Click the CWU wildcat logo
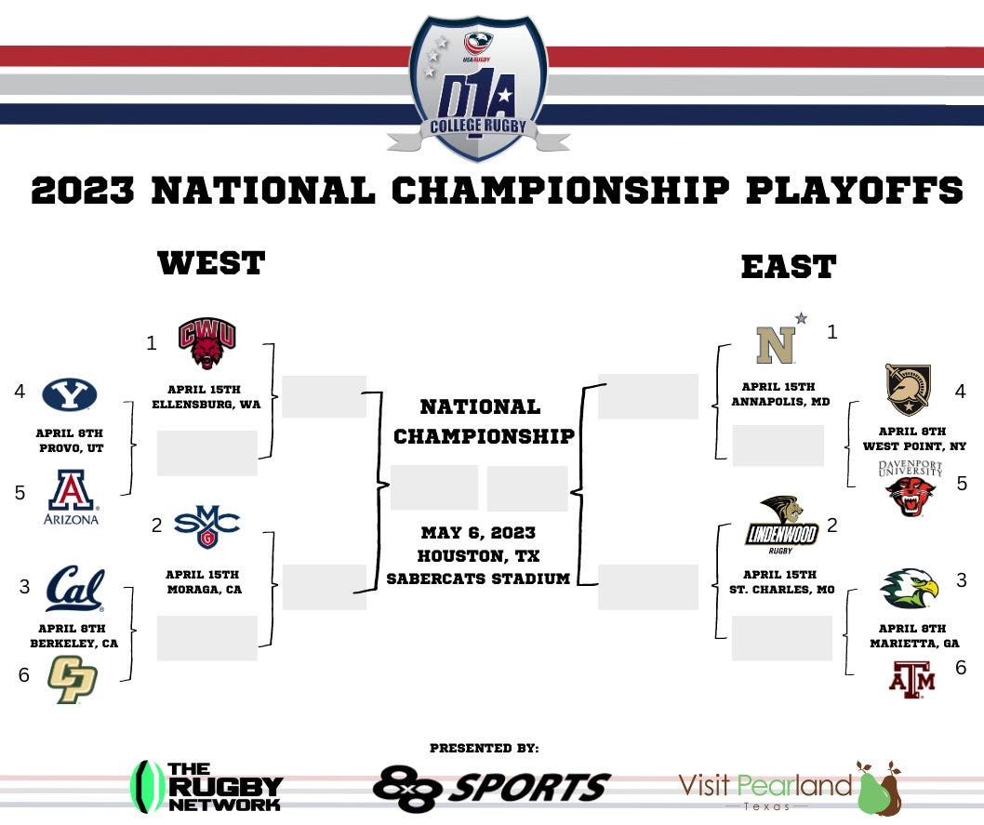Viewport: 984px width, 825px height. (x=207, y=343)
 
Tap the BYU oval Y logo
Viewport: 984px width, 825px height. (x=69, y=394)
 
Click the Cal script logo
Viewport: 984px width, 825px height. (x=75, y=589)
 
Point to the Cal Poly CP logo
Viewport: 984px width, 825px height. (x=72, y=679)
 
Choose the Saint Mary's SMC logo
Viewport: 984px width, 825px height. (x=206, y=526)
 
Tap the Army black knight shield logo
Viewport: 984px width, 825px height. (x=908, y=389)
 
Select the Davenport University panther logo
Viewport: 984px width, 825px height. (x=911, y=490)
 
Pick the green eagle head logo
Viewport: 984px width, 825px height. (x=910, y=589)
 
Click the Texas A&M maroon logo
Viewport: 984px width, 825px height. (x=911, y=679)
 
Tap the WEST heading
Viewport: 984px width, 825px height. (x=211, y=263)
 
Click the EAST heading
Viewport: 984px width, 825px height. (x=788, y=267)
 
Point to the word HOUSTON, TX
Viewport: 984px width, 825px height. (x=478, y=556)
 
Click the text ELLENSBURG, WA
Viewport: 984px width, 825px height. (x=206, y=404)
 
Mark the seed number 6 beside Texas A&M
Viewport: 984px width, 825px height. (x=961, y=667)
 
